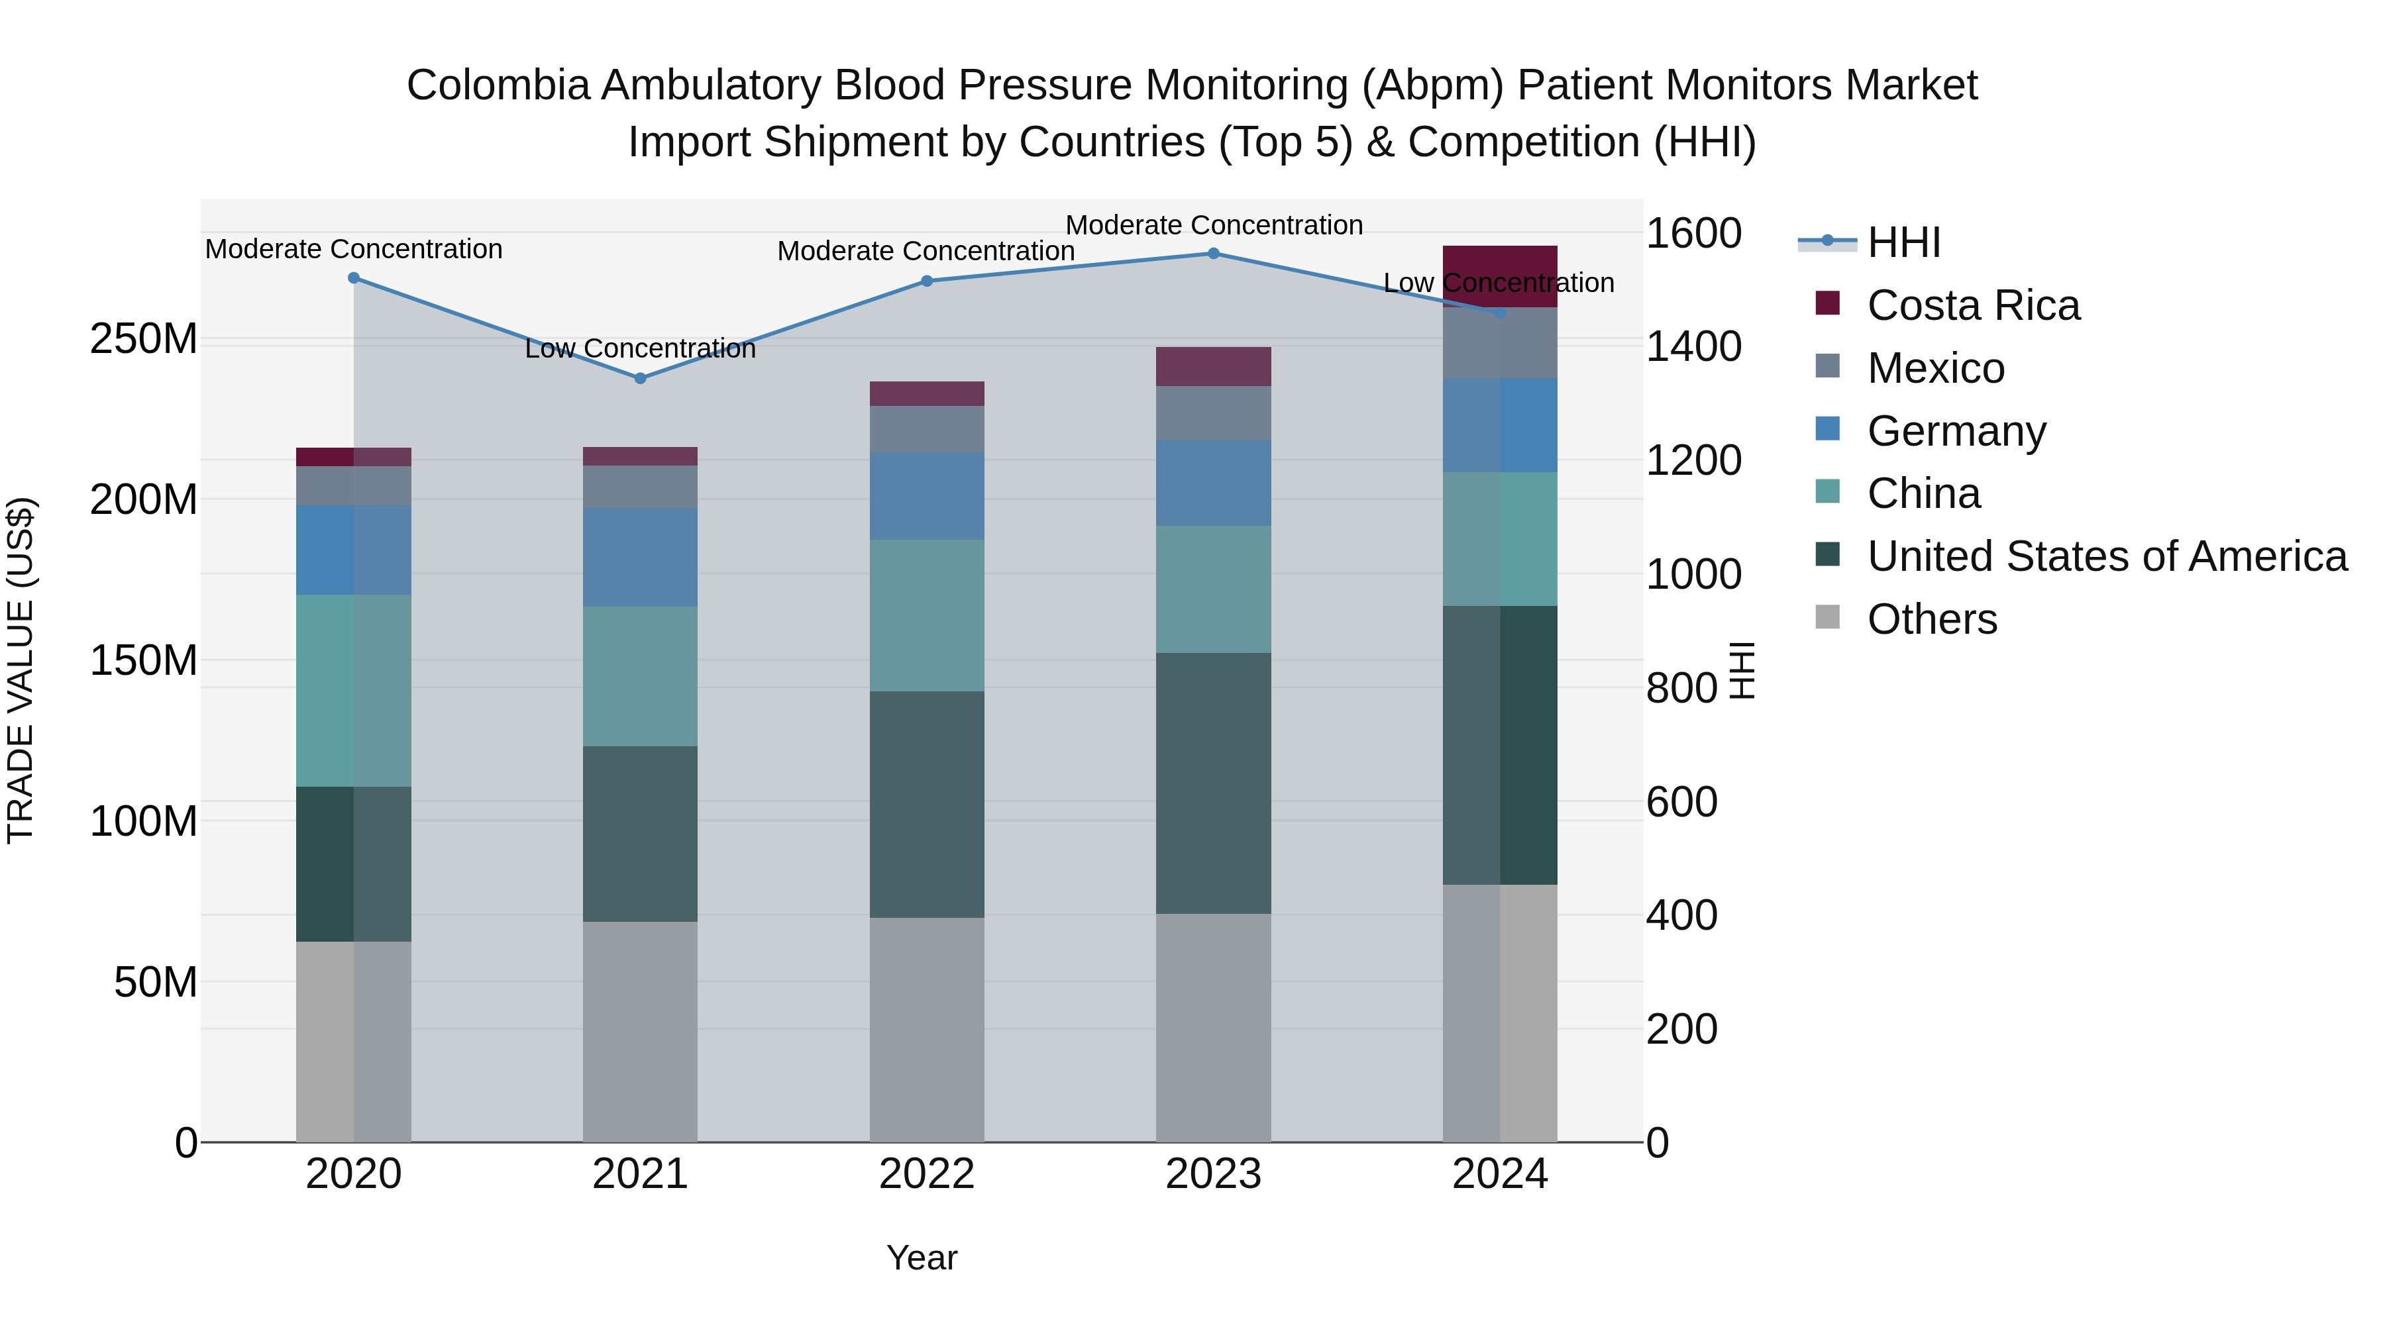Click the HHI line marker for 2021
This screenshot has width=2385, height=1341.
coord(640,377)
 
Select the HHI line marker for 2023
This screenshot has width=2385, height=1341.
coord(1213,254)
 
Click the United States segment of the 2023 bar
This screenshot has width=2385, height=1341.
coord(1213,783)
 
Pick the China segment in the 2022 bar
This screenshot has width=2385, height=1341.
coord(927,615)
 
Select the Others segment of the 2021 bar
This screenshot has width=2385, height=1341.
coord(640,1032)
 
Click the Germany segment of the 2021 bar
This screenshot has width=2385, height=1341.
coord(640,557)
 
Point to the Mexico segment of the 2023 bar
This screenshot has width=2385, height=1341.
coord(1213,413)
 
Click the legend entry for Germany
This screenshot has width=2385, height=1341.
coord(1956,431)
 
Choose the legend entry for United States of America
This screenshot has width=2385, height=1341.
coord(2106,556)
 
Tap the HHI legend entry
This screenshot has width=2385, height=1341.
coord(1903,242)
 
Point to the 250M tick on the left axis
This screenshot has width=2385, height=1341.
coord(144,340)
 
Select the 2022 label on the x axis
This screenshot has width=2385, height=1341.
coord(927,1174)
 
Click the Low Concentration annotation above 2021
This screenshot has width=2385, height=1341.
coord(640,349)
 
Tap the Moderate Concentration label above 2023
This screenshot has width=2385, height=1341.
coord(1213,225)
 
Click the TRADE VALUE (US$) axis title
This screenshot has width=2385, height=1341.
coord(21,670)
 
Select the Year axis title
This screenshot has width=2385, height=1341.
coord(922,1258)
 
